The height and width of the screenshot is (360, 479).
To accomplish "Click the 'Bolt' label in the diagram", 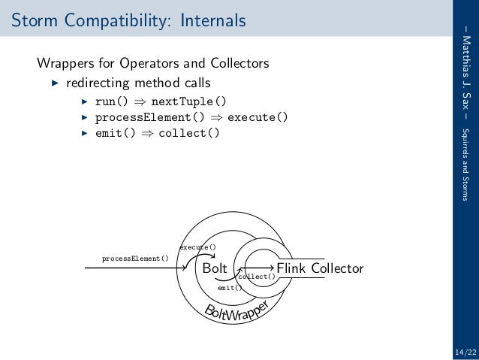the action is [216, 268].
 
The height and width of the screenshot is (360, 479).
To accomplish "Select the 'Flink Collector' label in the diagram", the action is [320, 268].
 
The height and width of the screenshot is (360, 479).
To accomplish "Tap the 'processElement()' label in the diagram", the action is [135, 259].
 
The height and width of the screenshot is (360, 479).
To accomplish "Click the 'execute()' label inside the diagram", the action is [197, 247].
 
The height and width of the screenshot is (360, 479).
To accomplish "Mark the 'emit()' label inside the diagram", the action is [229, 287].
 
